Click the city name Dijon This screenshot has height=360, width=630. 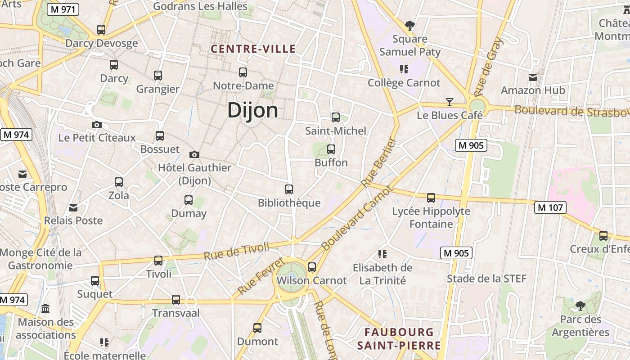coord(252,110)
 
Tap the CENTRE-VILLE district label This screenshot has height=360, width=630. coord(253,49)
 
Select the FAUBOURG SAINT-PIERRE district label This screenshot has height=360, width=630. coord(399,339)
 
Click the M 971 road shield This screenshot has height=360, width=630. coord(63,9)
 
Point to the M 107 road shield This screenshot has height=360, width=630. coord(550,207)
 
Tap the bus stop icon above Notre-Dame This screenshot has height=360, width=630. coord(243,72)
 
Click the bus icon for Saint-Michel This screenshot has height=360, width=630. coord(336,117)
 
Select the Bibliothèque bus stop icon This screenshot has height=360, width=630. coord(289,189)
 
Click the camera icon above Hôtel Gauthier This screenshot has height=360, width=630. coord(194,154)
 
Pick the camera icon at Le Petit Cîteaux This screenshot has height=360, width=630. coord(96,125)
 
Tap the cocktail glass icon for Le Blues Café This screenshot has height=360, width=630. coord(449,102)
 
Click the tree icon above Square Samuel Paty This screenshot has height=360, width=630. coord(409,25)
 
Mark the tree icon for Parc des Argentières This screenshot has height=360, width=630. coord(580,306)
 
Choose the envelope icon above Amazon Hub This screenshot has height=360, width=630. coord(533,77)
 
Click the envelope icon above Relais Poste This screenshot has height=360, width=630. coord(73,207)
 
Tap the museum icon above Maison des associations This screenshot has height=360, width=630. coord(45,309)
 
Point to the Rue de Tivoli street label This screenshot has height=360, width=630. coord(236,251)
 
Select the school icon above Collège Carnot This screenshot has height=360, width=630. coord(404,69)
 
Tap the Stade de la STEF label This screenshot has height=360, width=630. coord(486,279)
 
